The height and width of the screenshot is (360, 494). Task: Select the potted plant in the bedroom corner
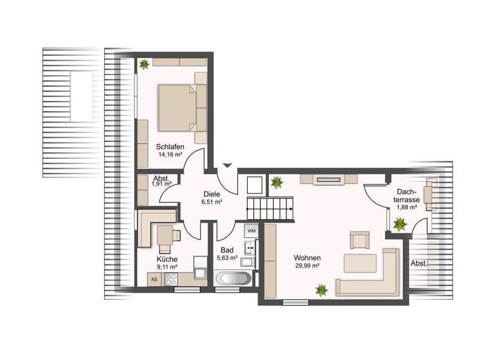pyautogui.click(x=143, y=64)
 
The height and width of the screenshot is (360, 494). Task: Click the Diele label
pyautogui.click(x=212, y=193)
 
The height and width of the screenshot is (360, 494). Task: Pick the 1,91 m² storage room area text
pyautogui.click(x=161, y=184)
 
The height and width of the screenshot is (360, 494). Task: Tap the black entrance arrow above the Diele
pyautogui.click(x=226, y=166)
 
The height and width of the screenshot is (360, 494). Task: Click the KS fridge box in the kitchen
pyautogui.click(x=154, y=279)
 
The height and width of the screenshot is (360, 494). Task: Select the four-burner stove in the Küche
pyautogui.click(x=172, y=279)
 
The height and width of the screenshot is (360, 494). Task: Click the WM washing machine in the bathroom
pyautogui.click(x=251, y=230)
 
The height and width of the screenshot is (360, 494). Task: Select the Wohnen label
pyautogui.click(x=307, y=258)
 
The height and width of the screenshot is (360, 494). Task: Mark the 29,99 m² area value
pyautogui.click(x=307, y=266)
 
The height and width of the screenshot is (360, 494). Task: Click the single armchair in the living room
pyautogui.click(x=359, y=240)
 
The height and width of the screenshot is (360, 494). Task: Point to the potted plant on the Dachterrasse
pyautogui.click(x=399, y=224)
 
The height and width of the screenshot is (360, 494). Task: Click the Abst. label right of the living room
pyautogui.click(x=419, y=263)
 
